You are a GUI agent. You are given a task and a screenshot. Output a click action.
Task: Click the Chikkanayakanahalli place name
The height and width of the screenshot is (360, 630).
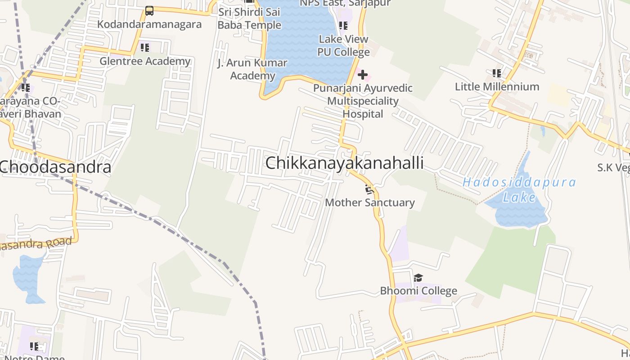tap(344, 163)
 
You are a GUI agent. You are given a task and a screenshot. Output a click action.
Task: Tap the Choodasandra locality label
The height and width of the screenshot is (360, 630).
tap(55, 167)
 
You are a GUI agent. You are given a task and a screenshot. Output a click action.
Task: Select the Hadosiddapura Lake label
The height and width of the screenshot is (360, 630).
tap(519, 189)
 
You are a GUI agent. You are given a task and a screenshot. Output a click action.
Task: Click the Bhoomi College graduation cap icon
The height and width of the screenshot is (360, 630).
tap(418, 278)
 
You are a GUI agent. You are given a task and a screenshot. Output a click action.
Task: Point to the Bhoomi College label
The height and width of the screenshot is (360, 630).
tap(418, 291)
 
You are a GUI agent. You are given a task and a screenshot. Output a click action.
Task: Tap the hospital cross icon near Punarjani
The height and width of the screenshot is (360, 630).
tap(363, 75)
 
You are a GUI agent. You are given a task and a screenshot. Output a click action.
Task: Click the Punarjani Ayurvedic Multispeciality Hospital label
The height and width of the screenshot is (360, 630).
tap(363, 101)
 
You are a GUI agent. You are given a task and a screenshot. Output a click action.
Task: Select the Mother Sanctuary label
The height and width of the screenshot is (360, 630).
tap(369, 202)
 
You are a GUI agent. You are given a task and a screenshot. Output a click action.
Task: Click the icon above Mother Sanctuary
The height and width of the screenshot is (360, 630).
tap(369, 189)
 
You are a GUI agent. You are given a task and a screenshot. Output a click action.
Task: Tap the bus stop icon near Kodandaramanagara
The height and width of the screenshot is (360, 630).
tap(149, 11)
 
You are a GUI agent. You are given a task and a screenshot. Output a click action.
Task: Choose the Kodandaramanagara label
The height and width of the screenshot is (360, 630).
tap(149, 24)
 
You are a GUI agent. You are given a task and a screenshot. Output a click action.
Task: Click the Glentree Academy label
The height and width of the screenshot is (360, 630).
tap(145, 61)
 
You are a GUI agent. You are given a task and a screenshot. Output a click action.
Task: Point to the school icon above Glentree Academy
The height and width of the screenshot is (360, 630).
tap(144, 48)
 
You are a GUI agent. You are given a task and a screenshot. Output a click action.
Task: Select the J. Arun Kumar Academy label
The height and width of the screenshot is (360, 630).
tap(252, 69)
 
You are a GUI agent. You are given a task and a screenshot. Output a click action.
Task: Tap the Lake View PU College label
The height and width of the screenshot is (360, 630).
tap(343, 45)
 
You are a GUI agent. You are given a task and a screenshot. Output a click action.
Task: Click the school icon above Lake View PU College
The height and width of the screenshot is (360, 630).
tap(343, 26)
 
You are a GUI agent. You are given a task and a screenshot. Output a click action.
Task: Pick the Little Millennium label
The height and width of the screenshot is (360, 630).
tap(497, 86)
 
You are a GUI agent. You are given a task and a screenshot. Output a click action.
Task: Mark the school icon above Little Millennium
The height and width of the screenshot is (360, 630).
tap(497, 73)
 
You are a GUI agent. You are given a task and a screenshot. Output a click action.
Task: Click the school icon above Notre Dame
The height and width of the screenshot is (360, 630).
tap(34, 346)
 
